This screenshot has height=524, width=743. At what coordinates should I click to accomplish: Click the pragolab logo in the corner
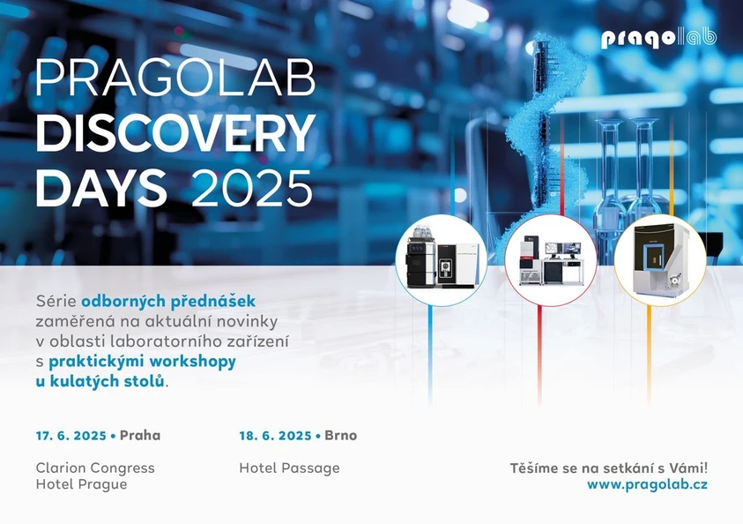[658, 38]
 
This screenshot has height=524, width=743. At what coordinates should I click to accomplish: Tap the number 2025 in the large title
[251, 187]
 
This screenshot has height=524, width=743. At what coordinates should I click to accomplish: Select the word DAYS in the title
[101, 187]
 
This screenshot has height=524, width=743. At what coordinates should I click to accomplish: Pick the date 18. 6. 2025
[274, 436]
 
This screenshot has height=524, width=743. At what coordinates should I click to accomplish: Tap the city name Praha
[140, 436]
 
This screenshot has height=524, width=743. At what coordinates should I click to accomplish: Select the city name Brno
[340, 436]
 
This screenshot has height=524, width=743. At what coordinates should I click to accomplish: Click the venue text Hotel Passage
[289, 468]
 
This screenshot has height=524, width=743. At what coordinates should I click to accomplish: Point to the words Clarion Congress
[95, 468]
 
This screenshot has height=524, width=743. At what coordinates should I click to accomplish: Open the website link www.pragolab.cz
[647, 484]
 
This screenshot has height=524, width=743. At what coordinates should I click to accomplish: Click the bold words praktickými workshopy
[142, 361]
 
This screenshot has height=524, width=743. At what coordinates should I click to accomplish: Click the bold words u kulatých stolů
[100, 381]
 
